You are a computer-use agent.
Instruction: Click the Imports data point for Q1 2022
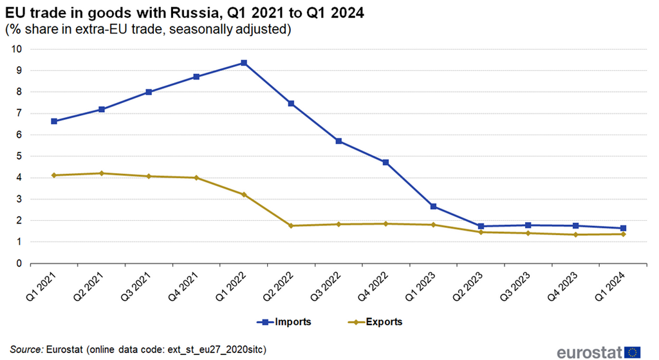(x=244, y=63)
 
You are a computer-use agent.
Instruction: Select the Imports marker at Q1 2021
(x=54, y=121)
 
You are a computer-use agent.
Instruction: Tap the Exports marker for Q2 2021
(x=102, y=173)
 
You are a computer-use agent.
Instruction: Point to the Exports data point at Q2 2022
(x=292, y=226)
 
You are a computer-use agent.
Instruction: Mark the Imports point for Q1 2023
(x=434, y=207)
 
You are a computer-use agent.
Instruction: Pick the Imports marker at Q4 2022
(x=386, y=162)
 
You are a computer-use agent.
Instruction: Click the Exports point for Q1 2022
(x=244, y=194)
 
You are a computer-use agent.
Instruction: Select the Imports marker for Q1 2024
(x=624, y=228)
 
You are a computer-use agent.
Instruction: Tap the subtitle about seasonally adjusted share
(x=148, y=30)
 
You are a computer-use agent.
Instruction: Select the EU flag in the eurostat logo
(x=633, y=351)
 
